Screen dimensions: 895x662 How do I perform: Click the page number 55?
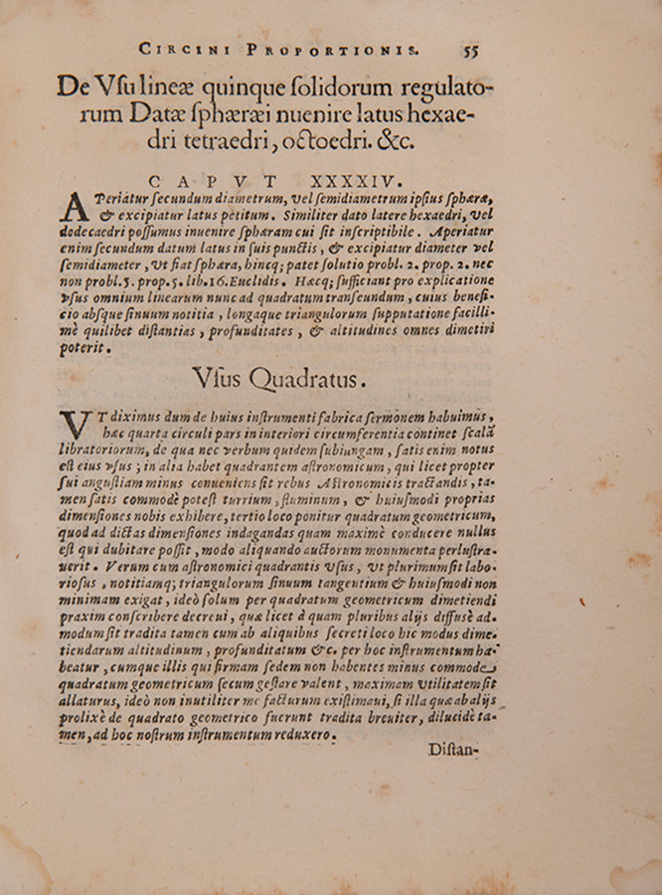click(471, 48)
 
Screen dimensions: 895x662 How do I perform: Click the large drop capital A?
click(75, 207)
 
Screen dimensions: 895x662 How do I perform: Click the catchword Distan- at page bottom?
click(454, 748)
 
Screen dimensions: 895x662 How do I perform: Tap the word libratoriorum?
click(111, 450)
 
